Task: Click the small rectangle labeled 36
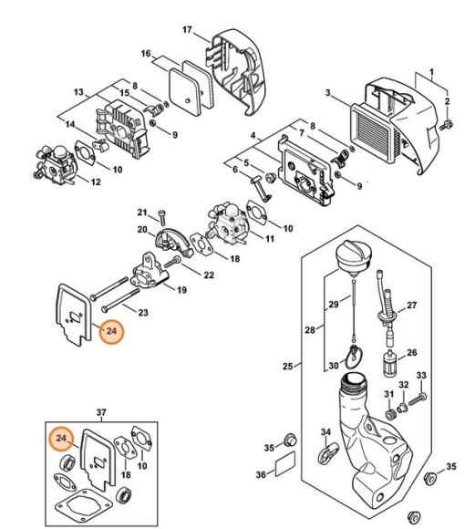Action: click(x=287, y=472)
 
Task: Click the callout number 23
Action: click(x=143, y=312)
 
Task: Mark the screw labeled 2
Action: click(x=448, y=121)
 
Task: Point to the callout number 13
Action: click(x=78, y=92)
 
